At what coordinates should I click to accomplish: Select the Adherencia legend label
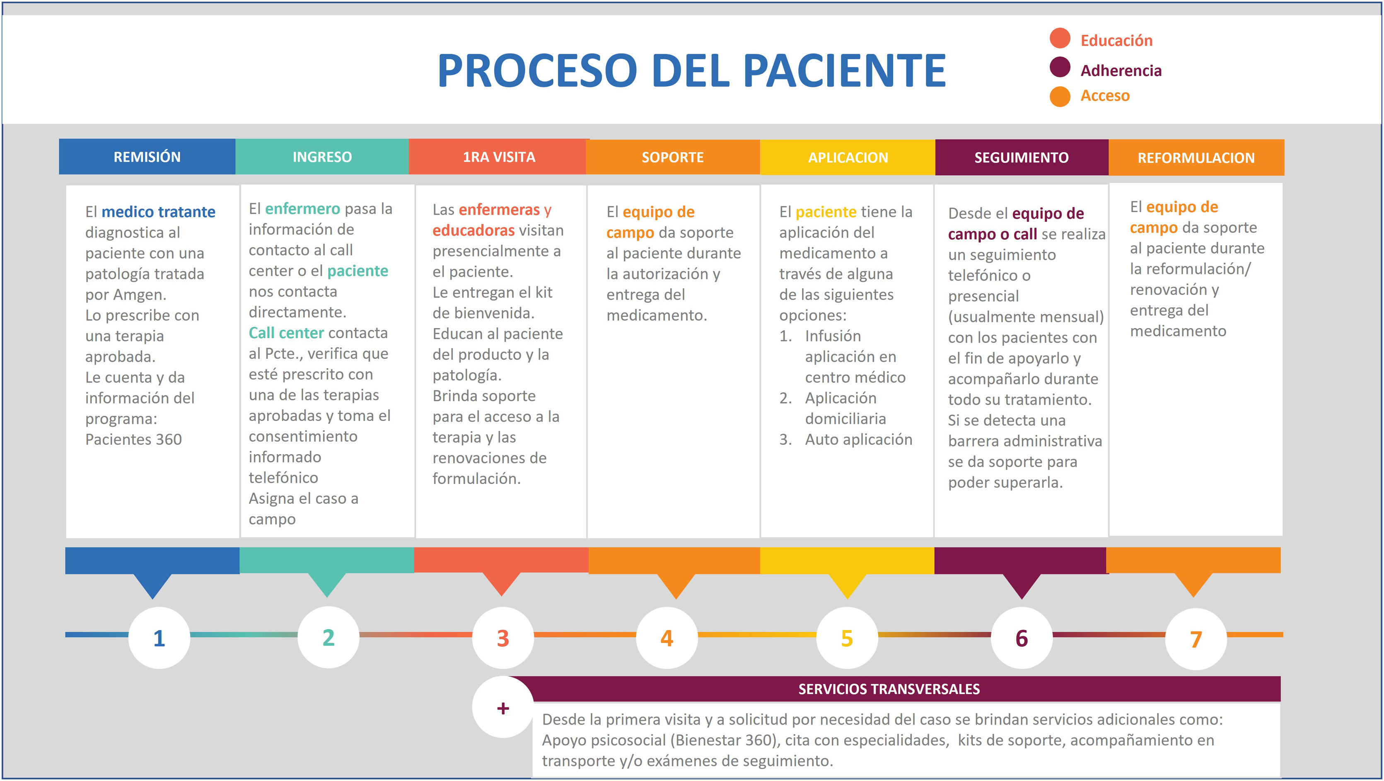[1121, 70]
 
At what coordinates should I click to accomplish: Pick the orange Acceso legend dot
[1060, 96]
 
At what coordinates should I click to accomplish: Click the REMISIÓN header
[147, 157]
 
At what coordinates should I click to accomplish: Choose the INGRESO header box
[322, 157]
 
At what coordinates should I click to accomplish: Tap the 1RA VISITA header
[499, 157]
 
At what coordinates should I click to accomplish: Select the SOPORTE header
[672, 157]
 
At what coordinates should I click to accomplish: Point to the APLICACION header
[848, 157]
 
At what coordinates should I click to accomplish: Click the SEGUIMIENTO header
[1022, 157]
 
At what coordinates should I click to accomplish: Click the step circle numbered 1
[159, 638]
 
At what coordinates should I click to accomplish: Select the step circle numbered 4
[667, 638]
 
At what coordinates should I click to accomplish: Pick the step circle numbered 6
[1022, 638]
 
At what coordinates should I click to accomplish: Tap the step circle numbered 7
[1196, 639]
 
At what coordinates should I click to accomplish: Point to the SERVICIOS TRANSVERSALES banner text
[889, 689]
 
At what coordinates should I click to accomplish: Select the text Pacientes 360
[133, 440]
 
